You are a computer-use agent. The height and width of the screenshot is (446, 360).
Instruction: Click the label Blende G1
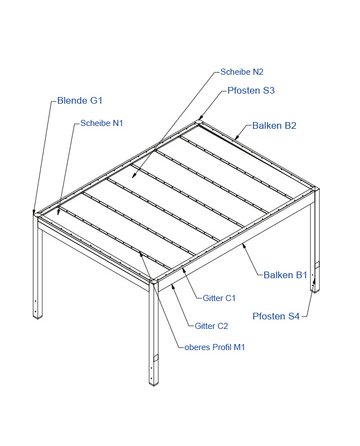click(x=80, y=100)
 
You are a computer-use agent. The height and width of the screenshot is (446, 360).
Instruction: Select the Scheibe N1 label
click(x=102, y=123)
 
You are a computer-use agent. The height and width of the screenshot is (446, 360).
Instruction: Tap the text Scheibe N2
click(x=242, y=72)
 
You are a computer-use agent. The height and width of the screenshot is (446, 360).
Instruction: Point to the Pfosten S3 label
click(x=251, y=90)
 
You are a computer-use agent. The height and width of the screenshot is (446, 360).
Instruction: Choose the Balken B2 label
click(x=274, y=126)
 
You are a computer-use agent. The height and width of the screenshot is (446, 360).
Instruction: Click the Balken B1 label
click(x=285, y=275)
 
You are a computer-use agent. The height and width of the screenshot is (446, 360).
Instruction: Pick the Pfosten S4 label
click(x=276, y=316)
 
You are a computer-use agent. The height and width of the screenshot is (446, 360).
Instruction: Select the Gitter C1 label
click(x=219, y=298)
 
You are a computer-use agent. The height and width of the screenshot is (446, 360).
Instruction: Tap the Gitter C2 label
click(x=211, y=326)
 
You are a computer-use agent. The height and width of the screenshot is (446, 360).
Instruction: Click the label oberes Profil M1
click(x=215, y=347)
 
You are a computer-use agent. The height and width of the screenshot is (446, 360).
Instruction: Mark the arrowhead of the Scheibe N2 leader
click(x=133, y=176)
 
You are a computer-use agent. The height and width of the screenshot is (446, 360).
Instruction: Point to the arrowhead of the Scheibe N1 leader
click(x=58, y=212)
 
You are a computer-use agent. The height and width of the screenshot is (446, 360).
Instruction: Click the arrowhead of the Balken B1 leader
click(x=244, y=246)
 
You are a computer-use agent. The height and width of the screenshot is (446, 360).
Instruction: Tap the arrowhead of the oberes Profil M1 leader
click(x=141, y=255)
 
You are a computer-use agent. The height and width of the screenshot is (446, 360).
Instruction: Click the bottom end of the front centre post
click(x=154, y=383)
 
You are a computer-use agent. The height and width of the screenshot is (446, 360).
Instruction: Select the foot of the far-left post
click(x=38, y=316)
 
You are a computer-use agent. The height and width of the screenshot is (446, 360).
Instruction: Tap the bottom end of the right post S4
click(x=315, y=291)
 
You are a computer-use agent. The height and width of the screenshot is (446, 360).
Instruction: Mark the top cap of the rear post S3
click(x=199, y=122)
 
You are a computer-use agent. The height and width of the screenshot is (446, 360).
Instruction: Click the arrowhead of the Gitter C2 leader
click(x=172, y=286)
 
